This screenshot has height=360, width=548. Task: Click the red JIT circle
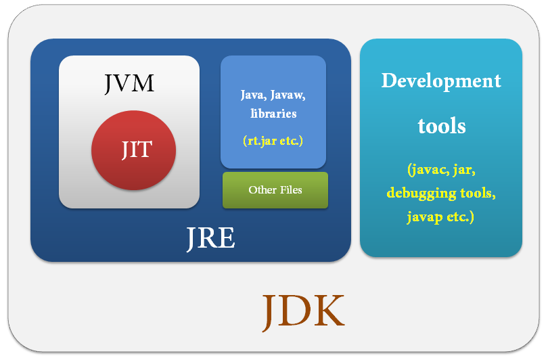pos(133,150)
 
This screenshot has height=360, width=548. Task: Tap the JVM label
pos(129,83)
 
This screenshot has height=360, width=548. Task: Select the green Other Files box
pos(275,190)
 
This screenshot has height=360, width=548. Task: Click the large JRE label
pos(210,238)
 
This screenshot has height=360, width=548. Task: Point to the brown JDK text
pos(303,312)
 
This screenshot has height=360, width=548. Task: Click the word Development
pos(441,81)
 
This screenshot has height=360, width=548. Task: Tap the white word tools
pos(441,125)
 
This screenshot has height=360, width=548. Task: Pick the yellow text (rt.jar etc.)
pos(273,141)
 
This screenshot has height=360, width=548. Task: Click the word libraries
pos(273,113)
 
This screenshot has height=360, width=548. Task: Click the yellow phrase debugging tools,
pos(441,194)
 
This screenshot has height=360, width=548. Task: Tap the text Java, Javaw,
pos(273,94)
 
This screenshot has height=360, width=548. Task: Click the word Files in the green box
pos(290,190)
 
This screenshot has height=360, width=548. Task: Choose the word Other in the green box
pos(260,190)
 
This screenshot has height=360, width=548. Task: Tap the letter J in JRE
pos(191,239)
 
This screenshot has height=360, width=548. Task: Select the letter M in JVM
pos(143,83)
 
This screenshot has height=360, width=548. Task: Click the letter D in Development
pos(388,81)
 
